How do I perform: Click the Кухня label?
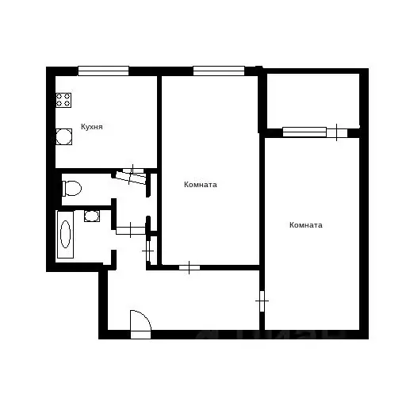click(x=91, y=127)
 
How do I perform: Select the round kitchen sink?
click(x=63, y=137)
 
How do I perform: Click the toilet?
click(x=71, y=189)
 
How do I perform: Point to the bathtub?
click(x=65, y=234)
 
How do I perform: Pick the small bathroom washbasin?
click(x=91, y=215)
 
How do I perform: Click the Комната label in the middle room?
click(x=200, y=185)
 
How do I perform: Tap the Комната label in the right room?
click(x=306, y=225)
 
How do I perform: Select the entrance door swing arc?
click(x=140, y=321)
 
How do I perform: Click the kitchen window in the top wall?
click(x=103, y=71)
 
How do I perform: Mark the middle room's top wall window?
click(x=218, y=71)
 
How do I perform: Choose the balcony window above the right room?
click(x=304, y=132)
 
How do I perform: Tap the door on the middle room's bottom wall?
click(x=190, y=267)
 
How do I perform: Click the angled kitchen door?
click(x=132, y=176)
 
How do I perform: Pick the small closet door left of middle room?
click(x=148, y=251)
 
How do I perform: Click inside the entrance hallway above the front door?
click(x=182, y=301)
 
